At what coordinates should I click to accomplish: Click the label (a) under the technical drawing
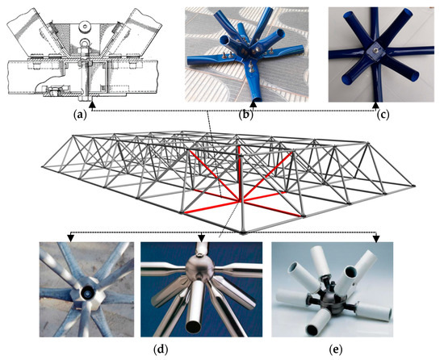[x=80, y=115]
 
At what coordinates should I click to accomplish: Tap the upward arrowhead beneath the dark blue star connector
[x=377, y=104]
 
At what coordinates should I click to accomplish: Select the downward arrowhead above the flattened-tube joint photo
[x=73, y=239]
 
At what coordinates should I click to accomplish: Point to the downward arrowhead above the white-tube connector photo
[x=376, y=239]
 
